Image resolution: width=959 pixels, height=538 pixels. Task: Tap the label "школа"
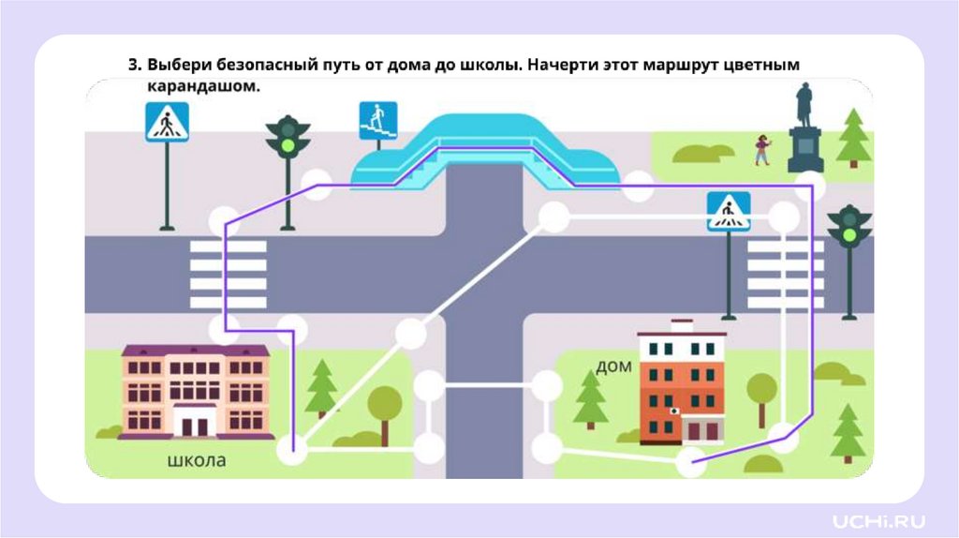(197, 460)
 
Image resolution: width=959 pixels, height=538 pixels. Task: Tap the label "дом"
(613, 365)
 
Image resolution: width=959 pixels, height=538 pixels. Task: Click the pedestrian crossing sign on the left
(167, 122)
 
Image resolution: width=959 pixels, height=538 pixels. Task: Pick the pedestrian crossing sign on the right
(729, 212)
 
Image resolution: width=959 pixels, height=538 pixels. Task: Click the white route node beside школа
(292, 452)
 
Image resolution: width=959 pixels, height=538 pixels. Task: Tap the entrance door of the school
(195, 426)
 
